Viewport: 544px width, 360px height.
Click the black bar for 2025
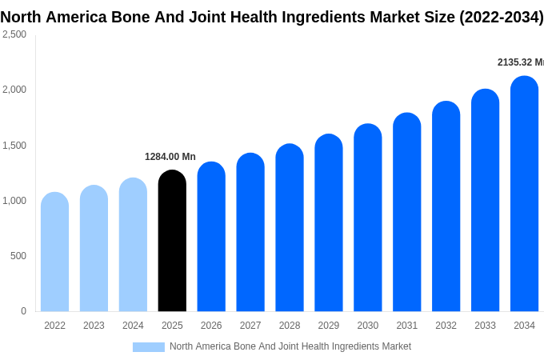[172, 241]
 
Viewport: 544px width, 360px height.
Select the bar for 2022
[54, 252]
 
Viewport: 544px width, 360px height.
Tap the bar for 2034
[524, 194]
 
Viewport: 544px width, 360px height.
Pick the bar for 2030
[368, 218]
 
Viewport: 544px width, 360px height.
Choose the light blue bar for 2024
[133, 245]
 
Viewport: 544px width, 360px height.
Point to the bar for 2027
[250, 232]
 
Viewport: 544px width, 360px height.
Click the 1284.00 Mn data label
[170, 157]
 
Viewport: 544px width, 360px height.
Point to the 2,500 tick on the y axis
[14, 34]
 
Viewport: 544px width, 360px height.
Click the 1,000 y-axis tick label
[14, 201]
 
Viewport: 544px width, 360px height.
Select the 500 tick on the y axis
[18, 256]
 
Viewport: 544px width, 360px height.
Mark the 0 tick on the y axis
[23, 311]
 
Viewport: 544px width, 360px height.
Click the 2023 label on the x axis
[94, 326]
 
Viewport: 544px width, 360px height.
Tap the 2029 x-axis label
[329, 326]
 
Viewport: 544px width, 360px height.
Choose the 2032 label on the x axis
[446, 326]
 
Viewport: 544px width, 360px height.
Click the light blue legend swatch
[149, 347]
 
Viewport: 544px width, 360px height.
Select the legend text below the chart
[290, 346]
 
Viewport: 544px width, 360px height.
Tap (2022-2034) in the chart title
[502, 17]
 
